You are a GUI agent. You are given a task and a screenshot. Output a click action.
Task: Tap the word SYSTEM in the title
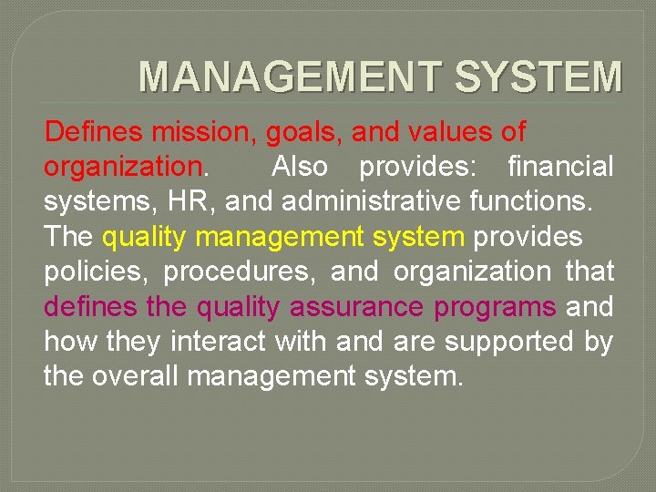538,77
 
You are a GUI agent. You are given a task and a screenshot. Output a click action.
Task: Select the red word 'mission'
196,132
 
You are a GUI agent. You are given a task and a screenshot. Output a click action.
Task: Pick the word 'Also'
304,167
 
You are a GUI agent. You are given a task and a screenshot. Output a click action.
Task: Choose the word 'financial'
560,167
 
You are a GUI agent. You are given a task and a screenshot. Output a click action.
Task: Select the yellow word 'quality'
145,238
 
